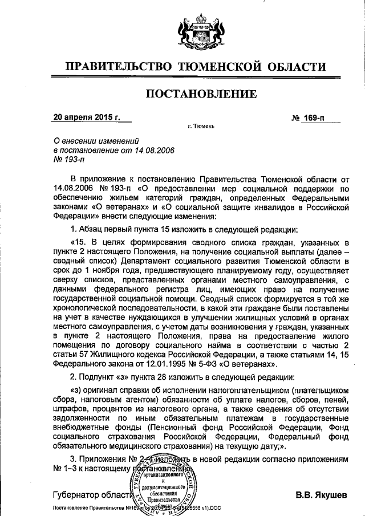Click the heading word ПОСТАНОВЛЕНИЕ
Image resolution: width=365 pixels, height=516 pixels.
[x=198, y=93]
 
